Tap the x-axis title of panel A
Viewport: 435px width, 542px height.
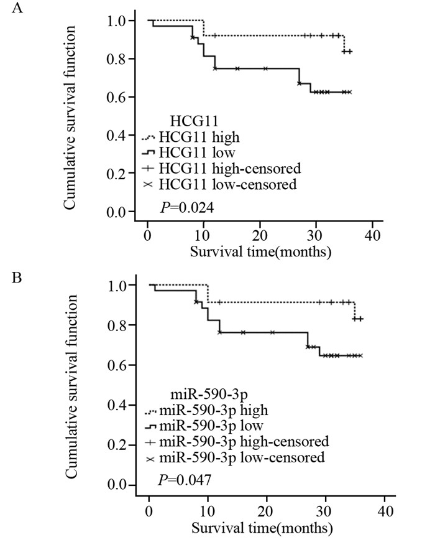click(x=260, y=253)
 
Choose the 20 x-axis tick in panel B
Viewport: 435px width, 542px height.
click(x=267, y=510)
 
